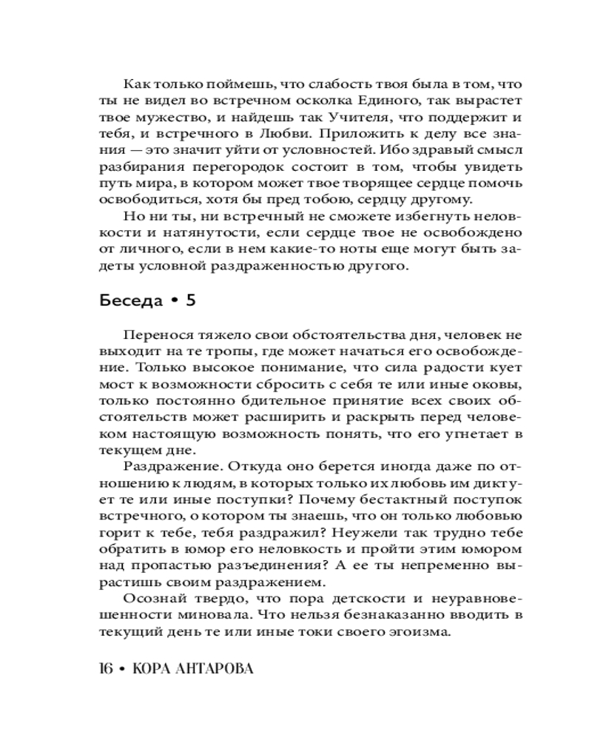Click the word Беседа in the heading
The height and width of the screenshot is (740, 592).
click(129, 302)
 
